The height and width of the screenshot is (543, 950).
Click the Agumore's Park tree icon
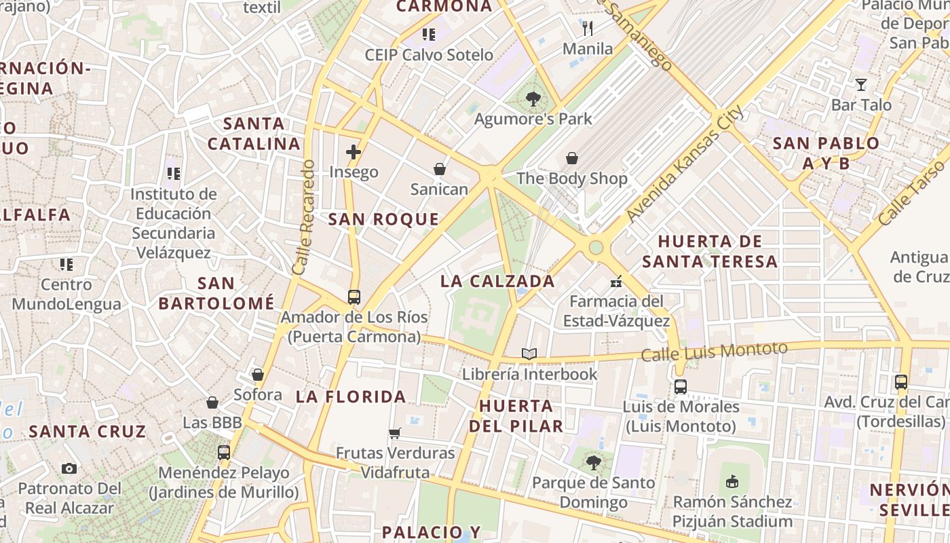click(x=533, y=99)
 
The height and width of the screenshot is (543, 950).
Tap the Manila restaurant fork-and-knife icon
click(x=588, y=29)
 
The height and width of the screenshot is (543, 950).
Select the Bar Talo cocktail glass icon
click(x=861, y=85)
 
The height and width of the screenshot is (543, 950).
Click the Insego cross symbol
click(x=354, y=152)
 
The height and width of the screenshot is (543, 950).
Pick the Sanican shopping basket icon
click(x=440, y=169)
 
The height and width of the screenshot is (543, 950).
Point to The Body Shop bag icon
click(x=572, y=158)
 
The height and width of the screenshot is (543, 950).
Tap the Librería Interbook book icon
click(x=529, y=354)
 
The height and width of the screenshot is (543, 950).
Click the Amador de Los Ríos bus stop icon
click(x=354, y=297)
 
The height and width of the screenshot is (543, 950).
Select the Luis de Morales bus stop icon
click(x=681, y=387)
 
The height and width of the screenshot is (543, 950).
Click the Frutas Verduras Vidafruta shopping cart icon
click(x=395, y=433)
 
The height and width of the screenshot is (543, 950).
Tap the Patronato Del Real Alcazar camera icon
click(x=69, y=468)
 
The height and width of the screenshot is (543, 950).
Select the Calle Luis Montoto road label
click(x=715, y=352)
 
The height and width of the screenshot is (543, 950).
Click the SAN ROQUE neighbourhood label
click(x=383, y=219)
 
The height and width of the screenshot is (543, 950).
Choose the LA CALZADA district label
click(x=497, y=281)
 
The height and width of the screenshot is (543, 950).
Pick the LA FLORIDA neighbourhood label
click(x=351, y=397)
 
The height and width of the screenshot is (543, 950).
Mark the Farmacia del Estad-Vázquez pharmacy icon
click(x=617, y=281)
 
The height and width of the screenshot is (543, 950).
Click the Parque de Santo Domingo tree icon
click(x=594, y=463)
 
